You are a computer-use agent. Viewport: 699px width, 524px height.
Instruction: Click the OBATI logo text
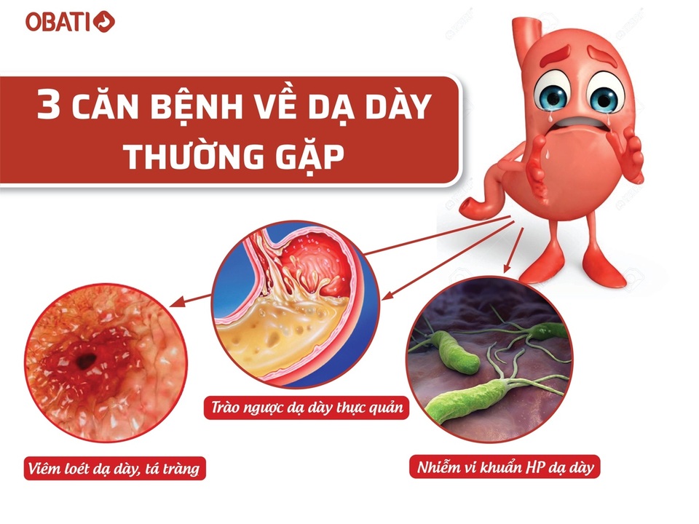pyautogui.click(x=58, y=22)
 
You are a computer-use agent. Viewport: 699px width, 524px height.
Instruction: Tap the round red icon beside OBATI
pyautogui.click(x=104, y=22)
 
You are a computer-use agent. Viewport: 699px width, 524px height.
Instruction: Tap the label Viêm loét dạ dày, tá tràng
pyautogui.click(x=114, y=468)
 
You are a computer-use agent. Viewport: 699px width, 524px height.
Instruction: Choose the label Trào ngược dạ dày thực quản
pyautogui.click(x=307, y=408)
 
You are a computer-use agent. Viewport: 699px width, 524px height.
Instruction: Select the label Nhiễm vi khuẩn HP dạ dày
pyautogui.click(x=505, y=467)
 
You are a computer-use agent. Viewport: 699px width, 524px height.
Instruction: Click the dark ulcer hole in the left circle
pyautogui.click(x=86, y=359)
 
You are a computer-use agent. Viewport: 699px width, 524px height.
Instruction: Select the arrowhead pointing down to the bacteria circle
pyautogui.click(x=507, y=267)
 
